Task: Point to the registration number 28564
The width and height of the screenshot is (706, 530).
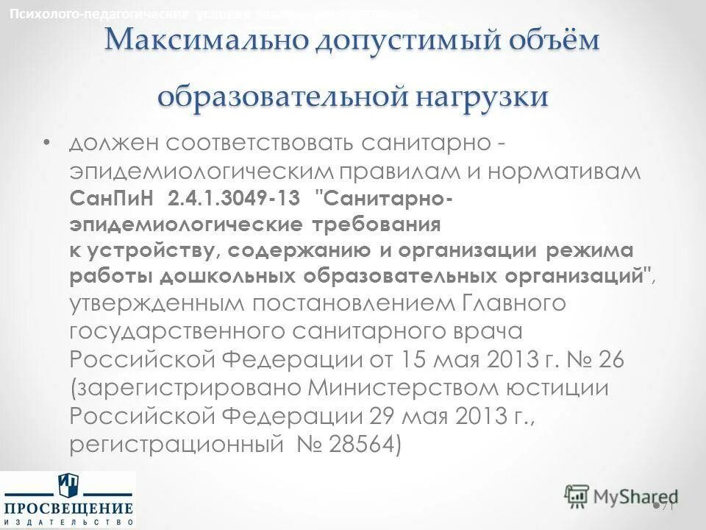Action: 360,445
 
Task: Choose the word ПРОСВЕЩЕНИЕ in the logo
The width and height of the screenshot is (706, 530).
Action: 68,509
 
